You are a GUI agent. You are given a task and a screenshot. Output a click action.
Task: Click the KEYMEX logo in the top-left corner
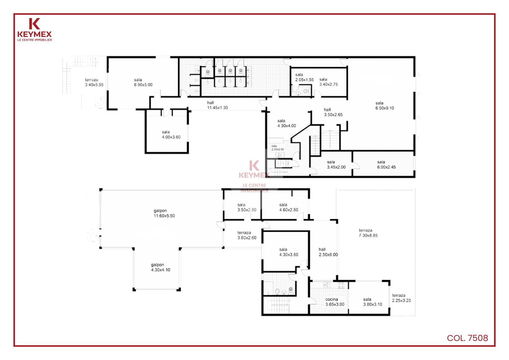click(35, 30)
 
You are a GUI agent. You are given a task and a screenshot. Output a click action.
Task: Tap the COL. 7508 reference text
click(467, 338)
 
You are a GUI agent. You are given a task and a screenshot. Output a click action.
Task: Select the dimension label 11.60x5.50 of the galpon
click(164, 216)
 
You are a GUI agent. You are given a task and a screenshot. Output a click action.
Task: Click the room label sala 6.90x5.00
click(143, 82)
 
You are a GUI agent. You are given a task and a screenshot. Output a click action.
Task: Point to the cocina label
click(331, 299)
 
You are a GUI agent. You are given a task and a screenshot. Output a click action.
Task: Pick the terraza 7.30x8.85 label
click(368, 233)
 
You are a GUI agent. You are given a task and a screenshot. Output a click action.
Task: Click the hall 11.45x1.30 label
click(218, 105)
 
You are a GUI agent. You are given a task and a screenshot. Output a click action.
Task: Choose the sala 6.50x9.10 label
click(385, 106)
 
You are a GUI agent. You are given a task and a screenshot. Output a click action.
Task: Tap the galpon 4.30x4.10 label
click(160, 267)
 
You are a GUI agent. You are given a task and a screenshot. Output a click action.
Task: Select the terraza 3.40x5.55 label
click(94, 82)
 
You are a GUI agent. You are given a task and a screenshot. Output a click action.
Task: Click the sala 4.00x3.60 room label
click(171, 135)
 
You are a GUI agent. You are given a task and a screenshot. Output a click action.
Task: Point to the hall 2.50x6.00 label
click(328, 252)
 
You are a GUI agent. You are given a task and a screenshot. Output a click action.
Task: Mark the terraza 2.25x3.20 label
click(401, 298)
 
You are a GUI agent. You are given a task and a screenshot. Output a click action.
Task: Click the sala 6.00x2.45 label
click(386, 165)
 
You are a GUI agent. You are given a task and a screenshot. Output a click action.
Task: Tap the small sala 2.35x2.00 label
click(278, 148)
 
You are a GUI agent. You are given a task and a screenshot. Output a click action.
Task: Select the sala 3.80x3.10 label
click(373, 302)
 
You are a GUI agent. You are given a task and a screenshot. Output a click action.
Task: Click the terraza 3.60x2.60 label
click(247, 235)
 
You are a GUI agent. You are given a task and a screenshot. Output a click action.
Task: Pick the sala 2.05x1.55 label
click(304, 77)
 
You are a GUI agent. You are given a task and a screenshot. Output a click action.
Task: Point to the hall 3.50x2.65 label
click(333, 112)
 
